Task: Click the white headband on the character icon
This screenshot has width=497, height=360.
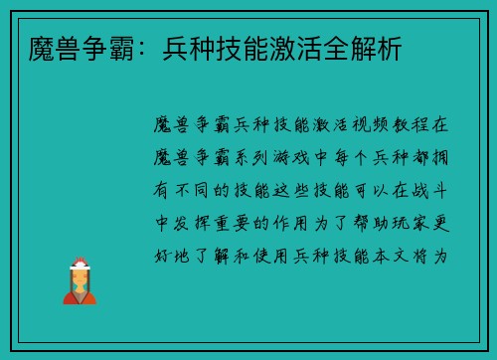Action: [81, 264]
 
